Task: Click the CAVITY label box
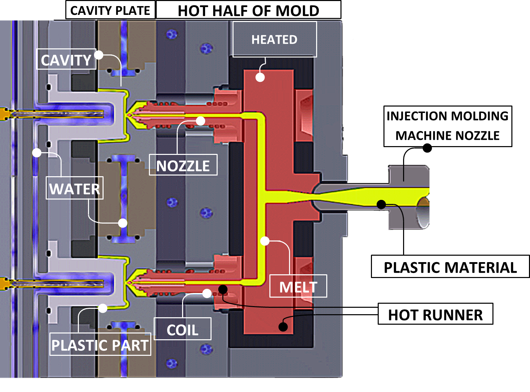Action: (66, 60)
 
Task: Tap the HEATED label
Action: (274, 40)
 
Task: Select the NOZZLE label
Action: (183, 165)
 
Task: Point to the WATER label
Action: (74, 188)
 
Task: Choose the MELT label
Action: (298, 286)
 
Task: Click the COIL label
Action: (182, 329)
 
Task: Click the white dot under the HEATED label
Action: (260, 77)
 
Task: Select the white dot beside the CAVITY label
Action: (99, 55)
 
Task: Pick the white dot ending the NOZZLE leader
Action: (201, 121)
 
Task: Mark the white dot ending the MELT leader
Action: (265, 241)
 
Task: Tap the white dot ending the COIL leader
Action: (207, 293)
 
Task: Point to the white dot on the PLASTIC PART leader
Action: (103, 308)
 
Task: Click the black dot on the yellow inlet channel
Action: (381, 204)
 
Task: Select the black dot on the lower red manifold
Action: (283, 327)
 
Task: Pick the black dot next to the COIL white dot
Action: (223, 289)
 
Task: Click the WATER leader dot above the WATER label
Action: (37, 153)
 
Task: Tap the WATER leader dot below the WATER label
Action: (123, 223)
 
